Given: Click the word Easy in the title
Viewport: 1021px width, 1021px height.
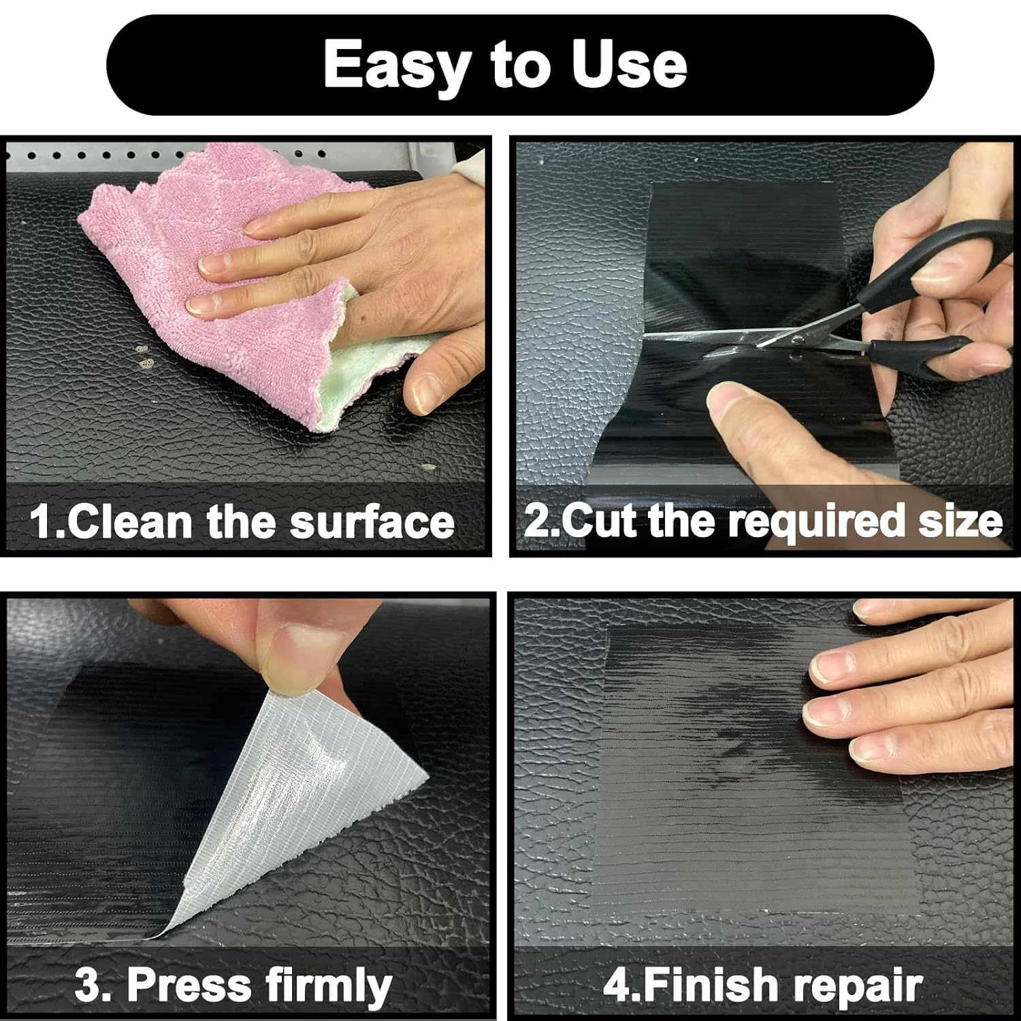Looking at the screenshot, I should (x=396, y=65).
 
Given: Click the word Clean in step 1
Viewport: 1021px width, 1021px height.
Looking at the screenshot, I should (x=129, y=523).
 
